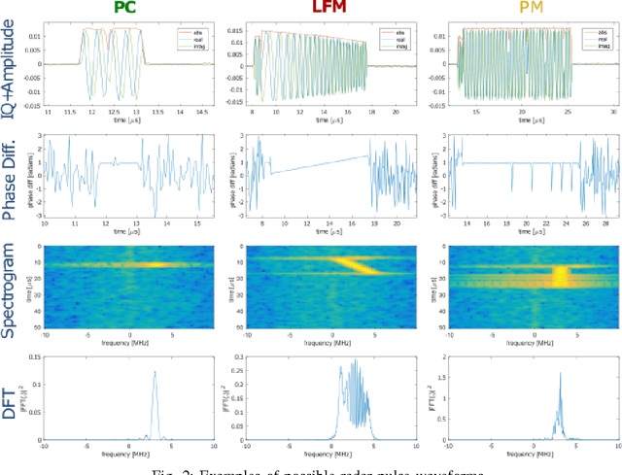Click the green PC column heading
pos(123,10)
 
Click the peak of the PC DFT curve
pos(155,373)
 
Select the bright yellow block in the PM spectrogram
pos(560,275)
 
